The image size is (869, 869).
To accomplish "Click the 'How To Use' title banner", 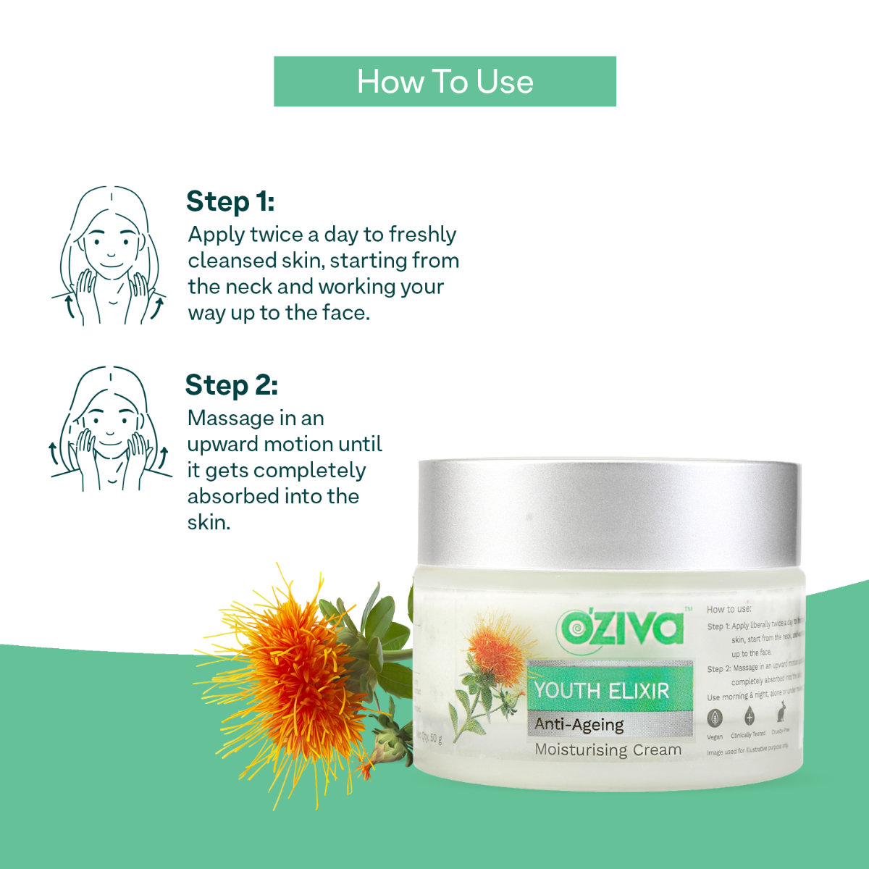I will [445, 82].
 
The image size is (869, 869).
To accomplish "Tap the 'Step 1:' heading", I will [230, 201].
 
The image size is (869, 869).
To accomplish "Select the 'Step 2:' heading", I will [231, 385].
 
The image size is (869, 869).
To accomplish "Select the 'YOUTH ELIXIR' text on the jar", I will [602, 691].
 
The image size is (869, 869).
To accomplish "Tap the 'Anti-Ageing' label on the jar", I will [579, 724].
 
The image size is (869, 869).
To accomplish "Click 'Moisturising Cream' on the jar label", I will [608, 750].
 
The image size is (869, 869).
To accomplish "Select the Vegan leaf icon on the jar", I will [715, 718].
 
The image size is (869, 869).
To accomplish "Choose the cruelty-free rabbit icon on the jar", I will [781, 716].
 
